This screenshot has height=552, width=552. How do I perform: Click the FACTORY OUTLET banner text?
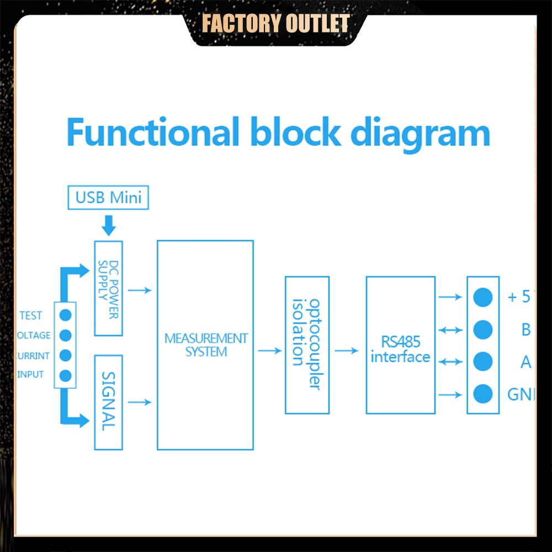pos(275,24)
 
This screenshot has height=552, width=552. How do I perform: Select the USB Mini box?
pos(108,198)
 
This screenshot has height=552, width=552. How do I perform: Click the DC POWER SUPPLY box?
pos(108,288)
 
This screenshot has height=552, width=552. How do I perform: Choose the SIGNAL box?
pos(108,402)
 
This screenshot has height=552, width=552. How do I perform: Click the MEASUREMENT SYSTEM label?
pos(205,345)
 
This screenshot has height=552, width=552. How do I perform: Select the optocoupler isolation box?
pos(307,345)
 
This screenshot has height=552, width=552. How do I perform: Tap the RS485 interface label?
pos(400,349)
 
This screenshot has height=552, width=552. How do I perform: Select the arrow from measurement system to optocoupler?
pos(269,351)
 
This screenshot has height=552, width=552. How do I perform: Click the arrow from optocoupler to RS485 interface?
pos(347,351)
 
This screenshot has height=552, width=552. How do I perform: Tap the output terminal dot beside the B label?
pos(483,330)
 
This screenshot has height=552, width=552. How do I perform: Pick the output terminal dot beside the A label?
pos(483,362)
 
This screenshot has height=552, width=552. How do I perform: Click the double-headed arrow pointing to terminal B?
pos(450,330)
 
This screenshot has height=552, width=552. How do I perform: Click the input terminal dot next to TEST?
pos(66,315)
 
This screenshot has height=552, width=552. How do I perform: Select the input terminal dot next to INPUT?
pos(66,375)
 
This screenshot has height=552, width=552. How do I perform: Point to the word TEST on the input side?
pos(30,316)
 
